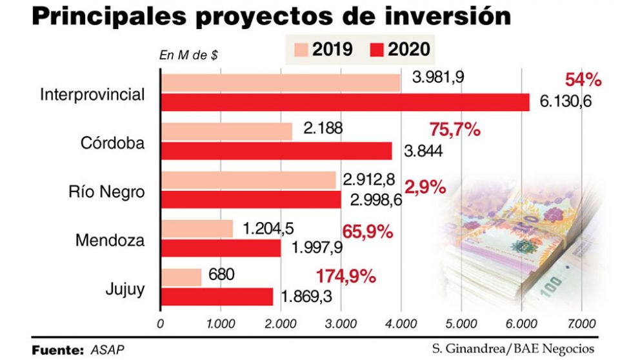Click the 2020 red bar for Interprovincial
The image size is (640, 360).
pyautogui.click(x=345, y=102)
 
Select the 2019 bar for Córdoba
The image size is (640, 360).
pyautogui.click(x=226, y=131)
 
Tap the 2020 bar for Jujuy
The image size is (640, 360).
pyautogui.click(x=217, y=296)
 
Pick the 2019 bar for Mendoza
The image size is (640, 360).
pyautogui.click(x=197, y=228)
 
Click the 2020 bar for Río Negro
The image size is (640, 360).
pyautogui.click(x=251, y=200)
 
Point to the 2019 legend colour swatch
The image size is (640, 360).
pyautogui.click(x=301, y=50)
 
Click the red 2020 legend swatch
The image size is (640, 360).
pyautogui.click(x=377, y=50)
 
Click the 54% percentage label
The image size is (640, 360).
pyautogui.click(x=583, y=80)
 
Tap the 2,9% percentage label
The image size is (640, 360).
pyautogui.click(x=425, y=188)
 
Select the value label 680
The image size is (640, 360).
pyautogui.click(x=221, y=275)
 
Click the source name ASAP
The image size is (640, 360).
pyautogui.click(x=107, y=350)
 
